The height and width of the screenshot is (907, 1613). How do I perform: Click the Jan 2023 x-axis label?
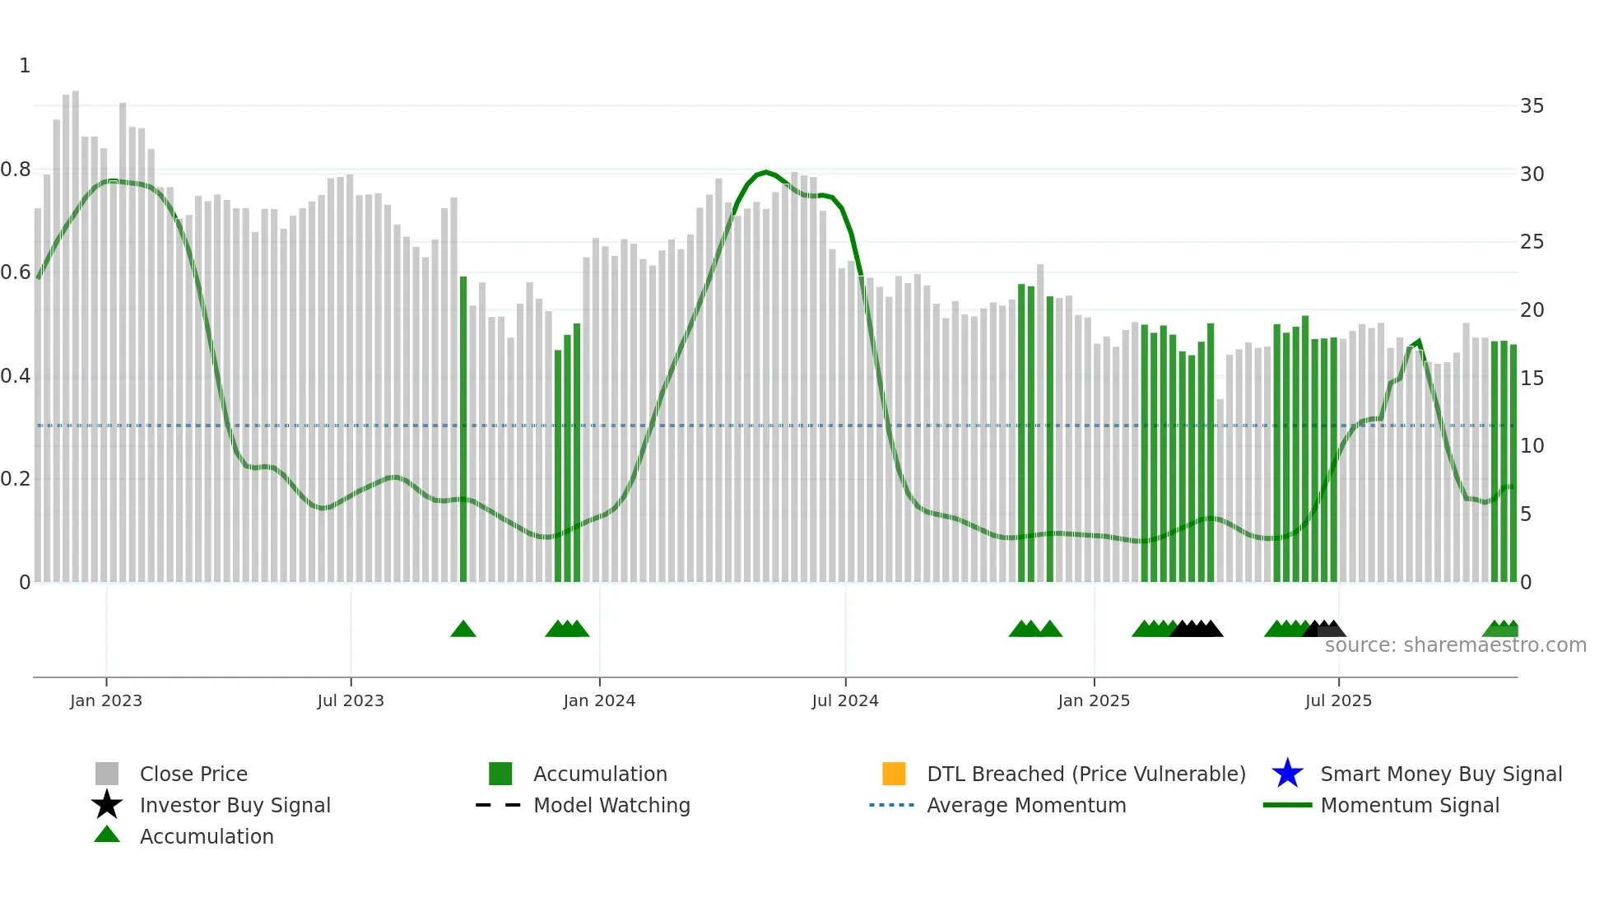click(105, 700)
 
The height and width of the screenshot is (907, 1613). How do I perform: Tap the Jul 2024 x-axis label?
click(845, 700)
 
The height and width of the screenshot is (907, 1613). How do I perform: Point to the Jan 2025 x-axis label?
click(1094, 700)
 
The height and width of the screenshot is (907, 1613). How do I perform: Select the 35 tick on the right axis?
click(1532, 106)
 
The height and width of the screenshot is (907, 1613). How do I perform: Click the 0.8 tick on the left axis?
click(16, 170)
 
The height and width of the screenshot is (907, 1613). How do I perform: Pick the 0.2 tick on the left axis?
click(16, 479)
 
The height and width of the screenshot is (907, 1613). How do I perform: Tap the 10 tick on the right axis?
click(1532, 446)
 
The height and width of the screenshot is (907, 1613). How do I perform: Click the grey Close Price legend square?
click(107, 774)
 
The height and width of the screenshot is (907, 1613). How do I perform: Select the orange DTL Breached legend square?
click(894, 774)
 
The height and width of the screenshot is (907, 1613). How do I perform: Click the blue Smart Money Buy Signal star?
click(1287, 774)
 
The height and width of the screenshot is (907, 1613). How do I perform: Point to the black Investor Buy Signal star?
click(107, 805)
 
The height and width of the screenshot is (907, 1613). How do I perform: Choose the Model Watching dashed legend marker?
click(499, 805)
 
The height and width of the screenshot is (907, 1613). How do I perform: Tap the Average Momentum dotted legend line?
click(892, 805)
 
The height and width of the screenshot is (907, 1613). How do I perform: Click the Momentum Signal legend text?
click(1410, 805)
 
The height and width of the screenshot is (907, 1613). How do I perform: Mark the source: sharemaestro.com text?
click(1455, 645)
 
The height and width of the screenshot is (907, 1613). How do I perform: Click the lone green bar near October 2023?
click(463, 428)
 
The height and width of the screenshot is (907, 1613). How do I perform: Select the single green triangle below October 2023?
click(463, 630)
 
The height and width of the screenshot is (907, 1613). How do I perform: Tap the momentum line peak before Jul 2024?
click(766, 172)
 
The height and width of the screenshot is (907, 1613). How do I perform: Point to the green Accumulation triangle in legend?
click(107, 835)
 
